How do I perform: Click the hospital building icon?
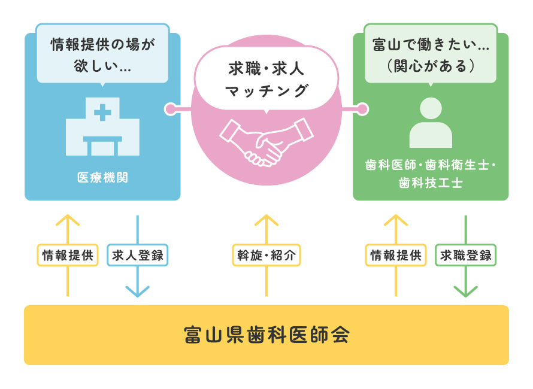(x=102, y=127)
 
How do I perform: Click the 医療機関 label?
(x=102, y=177)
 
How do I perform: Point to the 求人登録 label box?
(x=138, y=256)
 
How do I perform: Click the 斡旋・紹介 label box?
(x=266, y=256)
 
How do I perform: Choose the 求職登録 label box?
(x=466, y=256)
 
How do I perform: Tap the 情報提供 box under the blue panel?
(x=68, y=256)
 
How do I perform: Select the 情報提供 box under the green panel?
(x=395, y=256)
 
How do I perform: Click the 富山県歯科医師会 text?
(x=266, y=335)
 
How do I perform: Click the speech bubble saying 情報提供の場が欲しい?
(x=102, y=53)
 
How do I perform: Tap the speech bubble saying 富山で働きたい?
(x=431, y=53)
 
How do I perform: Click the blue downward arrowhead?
(x=138, y=291)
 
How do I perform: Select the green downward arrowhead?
(x=466, y=291)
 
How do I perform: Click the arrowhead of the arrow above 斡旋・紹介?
(x=266, y=219)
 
